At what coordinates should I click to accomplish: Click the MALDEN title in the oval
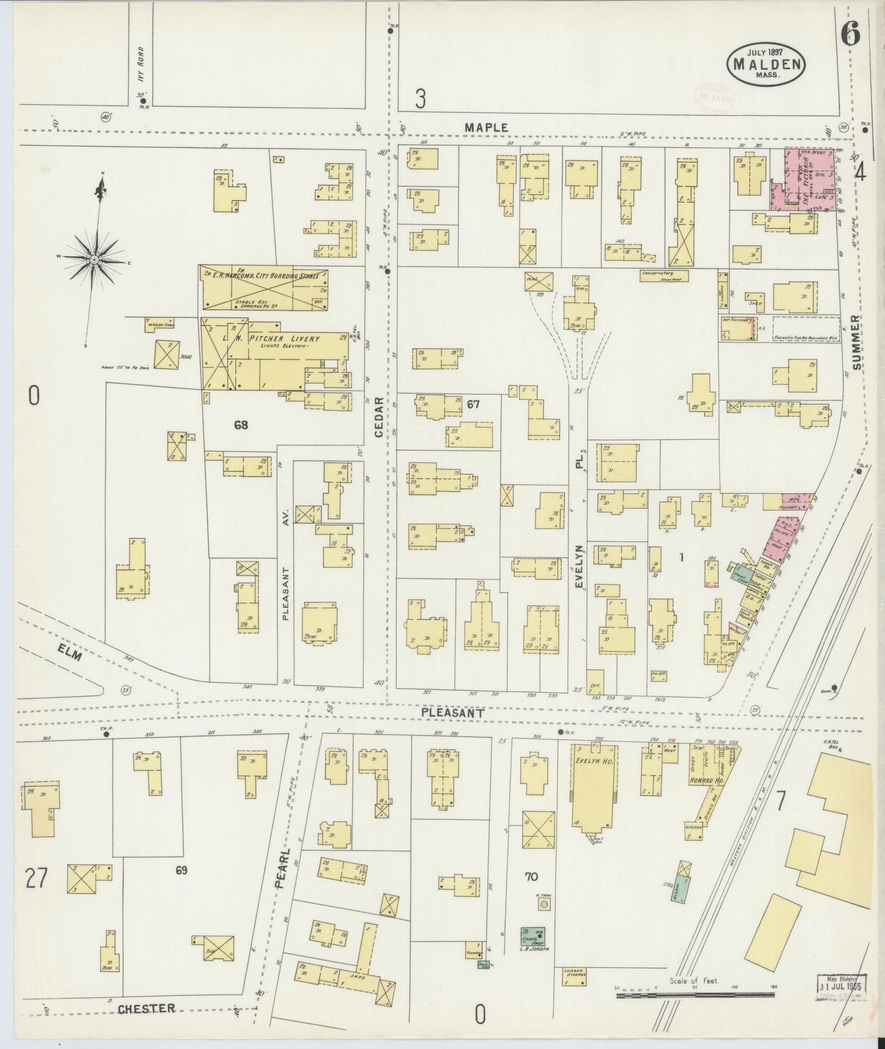766,62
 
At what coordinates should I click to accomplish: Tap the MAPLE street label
486,127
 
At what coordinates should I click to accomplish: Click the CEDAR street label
379,417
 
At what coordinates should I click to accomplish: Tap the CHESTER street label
147,1008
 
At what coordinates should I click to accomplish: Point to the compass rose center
94,260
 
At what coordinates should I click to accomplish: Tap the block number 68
241,424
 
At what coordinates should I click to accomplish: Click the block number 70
531,876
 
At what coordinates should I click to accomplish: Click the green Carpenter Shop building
533,937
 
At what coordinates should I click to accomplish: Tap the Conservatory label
658,273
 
